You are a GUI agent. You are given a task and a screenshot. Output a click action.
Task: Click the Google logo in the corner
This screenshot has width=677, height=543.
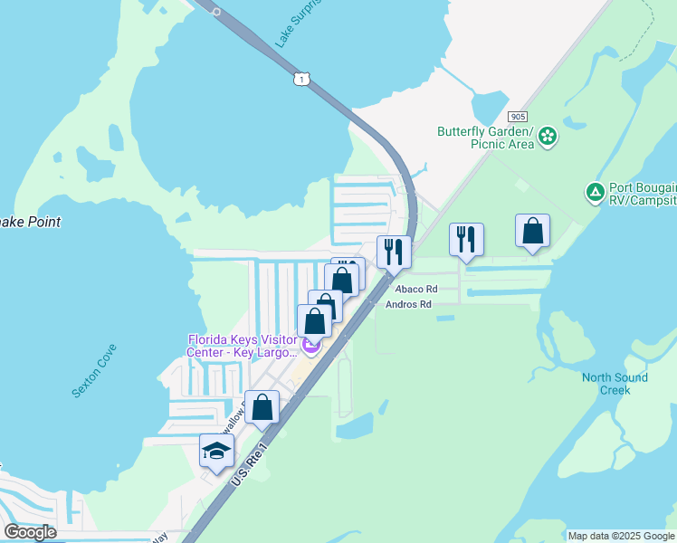tap(31, 531)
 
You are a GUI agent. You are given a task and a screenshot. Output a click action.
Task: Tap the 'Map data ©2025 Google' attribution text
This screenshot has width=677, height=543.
tap(621, 536)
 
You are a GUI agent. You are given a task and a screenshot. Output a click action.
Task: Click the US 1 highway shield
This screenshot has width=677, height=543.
tap(300, 80)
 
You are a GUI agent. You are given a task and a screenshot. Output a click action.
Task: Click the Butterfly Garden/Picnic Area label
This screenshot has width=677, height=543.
tap(485, 138)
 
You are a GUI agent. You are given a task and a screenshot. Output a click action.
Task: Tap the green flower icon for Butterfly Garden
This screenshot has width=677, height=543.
tap(548, 138)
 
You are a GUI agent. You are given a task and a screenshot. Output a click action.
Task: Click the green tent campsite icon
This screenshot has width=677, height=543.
tap(595, 192)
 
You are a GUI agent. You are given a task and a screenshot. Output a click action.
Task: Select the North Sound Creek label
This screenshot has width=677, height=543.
tap(615, 384)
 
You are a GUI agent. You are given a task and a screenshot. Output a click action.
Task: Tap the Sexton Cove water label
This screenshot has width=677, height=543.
tap(94, 371)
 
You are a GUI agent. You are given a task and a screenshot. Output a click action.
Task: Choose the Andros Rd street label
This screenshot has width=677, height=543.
tap(408, 305)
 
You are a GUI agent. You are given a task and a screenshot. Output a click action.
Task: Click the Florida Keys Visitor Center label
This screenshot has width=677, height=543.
tap(242, 346)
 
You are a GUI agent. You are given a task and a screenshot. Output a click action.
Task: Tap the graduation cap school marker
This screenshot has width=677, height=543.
tap(217, 451)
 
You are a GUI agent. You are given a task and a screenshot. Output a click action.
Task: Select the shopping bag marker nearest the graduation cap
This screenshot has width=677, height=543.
tap(262, 408)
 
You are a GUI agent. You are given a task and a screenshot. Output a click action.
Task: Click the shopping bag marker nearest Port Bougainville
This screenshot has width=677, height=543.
tap(533, 231)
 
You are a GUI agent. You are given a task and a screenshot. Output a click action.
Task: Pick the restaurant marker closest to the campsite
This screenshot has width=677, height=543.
tap(467, 240)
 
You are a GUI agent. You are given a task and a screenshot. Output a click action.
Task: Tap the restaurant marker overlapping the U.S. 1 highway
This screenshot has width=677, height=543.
tap(394, 252)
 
